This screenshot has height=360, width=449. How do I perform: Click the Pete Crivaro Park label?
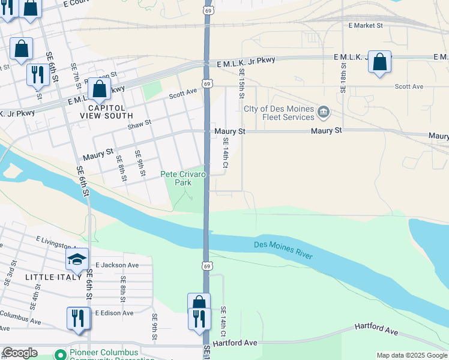click(x=183, y=178)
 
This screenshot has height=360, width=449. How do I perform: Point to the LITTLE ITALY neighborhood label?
click(x=53, y=277)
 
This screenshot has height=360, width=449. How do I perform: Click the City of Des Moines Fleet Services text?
click(x=279, y=113)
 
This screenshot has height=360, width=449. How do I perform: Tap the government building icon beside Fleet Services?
click(x=324, y=112)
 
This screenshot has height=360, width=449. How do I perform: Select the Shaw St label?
click(x=139, y=124)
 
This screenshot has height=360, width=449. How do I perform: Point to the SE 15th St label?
click(x=241, y=83)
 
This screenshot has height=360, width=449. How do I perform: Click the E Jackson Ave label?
click(x=117, y=265)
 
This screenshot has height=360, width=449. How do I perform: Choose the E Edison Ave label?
click(x=113, y=313)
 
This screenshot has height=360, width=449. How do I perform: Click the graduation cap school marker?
click(x=77, y=259)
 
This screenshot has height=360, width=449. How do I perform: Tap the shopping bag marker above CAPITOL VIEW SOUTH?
click(x=100, y=89)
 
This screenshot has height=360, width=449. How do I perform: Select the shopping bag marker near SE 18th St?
click(x=379, y=62)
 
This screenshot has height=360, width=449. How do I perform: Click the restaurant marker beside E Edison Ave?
click(x=78, y=318)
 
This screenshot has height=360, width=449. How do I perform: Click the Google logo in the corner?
click(x=20, y=353)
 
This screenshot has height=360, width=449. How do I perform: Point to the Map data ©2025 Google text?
click(x=412, y=355)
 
